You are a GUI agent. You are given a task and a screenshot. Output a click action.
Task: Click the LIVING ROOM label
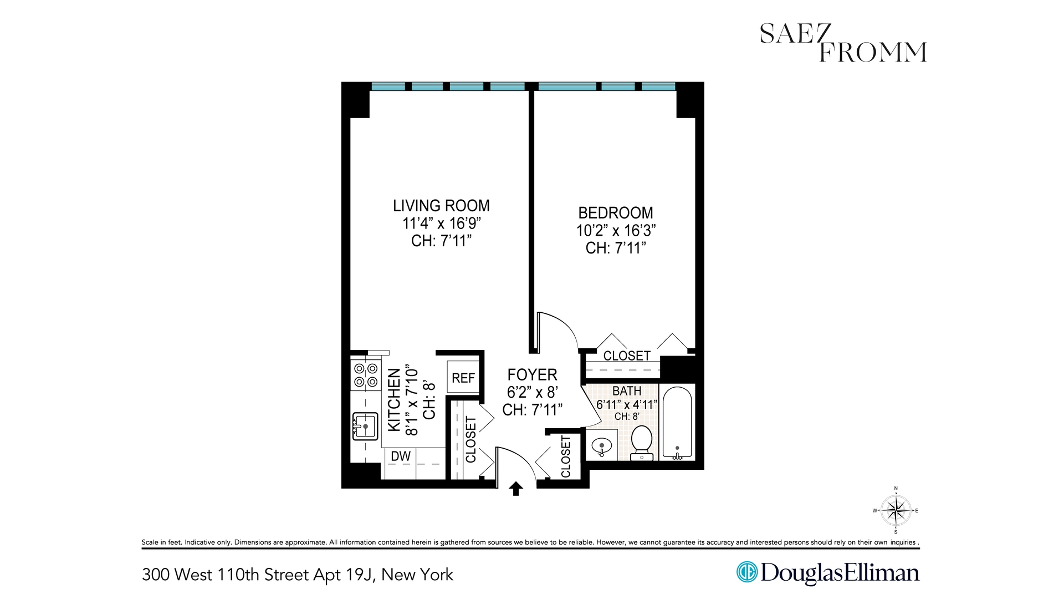(x=441, y=206)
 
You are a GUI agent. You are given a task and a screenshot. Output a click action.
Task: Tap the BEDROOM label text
(x=616, y=213)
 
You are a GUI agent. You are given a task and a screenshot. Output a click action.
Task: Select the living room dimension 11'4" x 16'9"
(x=441, y=224)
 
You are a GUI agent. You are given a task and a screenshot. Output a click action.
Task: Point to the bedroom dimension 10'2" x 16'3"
(x=616, y=231)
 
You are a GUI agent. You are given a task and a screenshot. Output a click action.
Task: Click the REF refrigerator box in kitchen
(x=463, y=378)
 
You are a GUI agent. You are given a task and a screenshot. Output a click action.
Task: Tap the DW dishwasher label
(x=401, y=456)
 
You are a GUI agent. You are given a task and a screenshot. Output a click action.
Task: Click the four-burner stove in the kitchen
(x=366, y=375)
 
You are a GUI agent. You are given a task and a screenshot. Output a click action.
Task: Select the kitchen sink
(x=365, y=426)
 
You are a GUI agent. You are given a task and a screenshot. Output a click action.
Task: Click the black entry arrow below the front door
(x=516, y=489)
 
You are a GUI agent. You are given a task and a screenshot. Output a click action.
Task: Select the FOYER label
(x=532, y=375)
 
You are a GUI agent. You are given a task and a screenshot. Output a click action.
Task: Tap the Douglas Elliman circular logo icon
(x=746, y=572)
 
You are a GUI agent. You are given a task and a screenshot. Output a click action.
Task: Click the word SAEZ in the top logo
(x=795, y=34)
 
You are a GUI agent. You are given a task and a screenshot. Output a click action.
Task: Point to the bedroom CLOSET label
(x=627, y=356)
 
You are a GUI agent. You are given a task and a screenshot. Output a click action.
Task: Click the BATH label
(x=627, y=392)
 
